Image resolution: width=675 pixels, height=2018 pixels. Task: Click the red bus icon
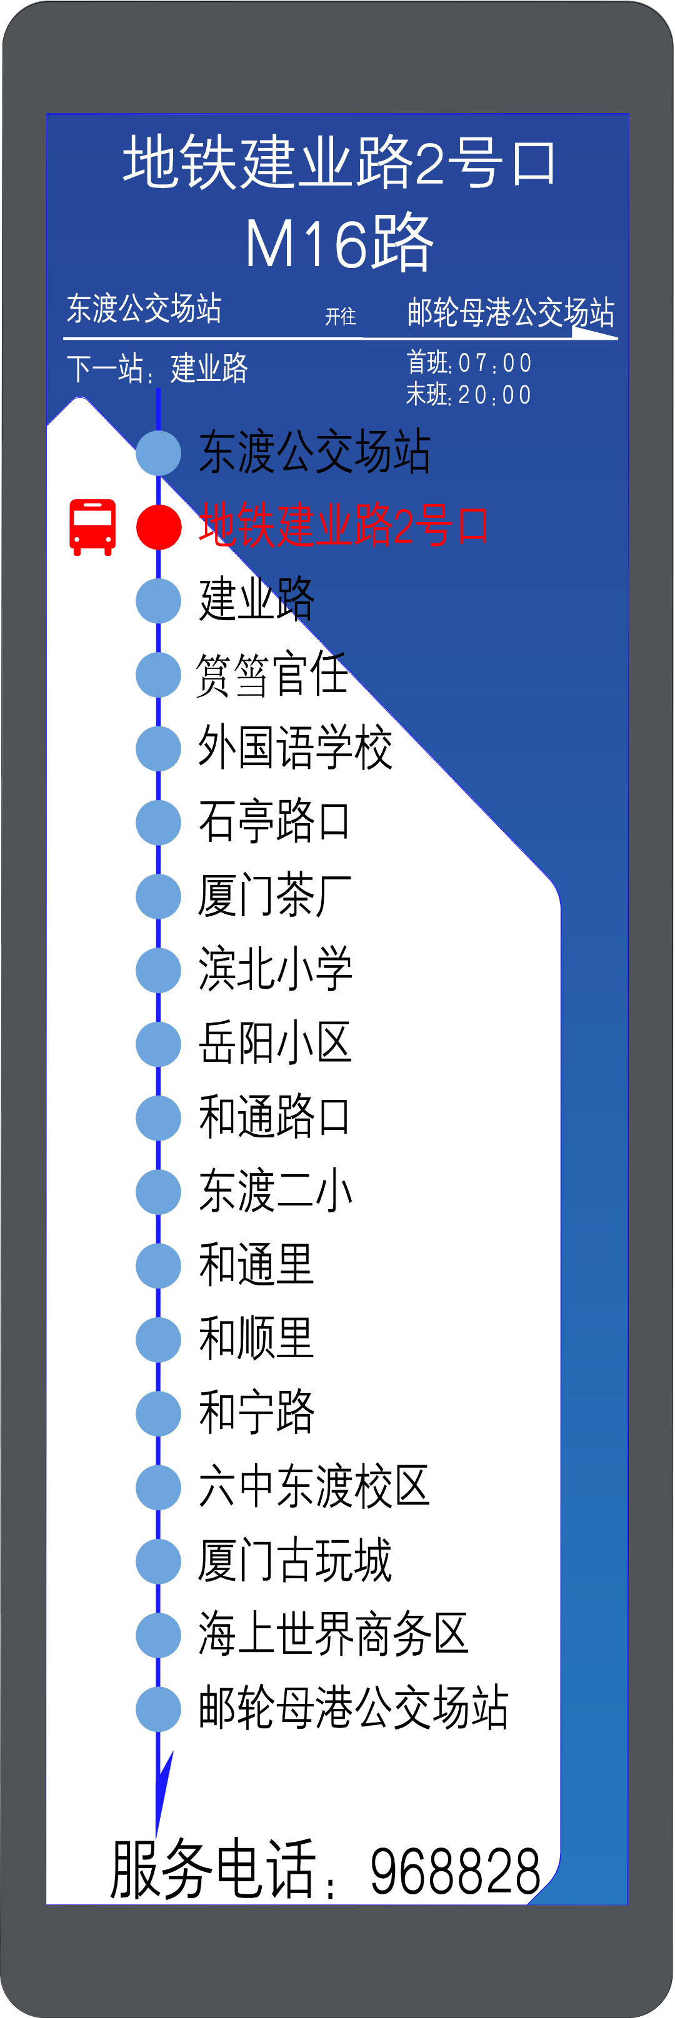[93, 527]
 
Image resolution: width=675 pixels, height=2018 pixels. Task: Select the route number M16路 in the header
[339, 244]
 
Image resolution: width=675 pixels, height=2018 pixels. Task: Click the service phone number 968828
[456, 1871]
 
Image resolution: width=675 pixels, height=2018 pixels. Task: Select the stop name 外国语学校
[295, 748]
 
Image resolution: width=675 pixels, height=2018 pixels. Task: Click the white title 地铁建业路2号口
[339, 162]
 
